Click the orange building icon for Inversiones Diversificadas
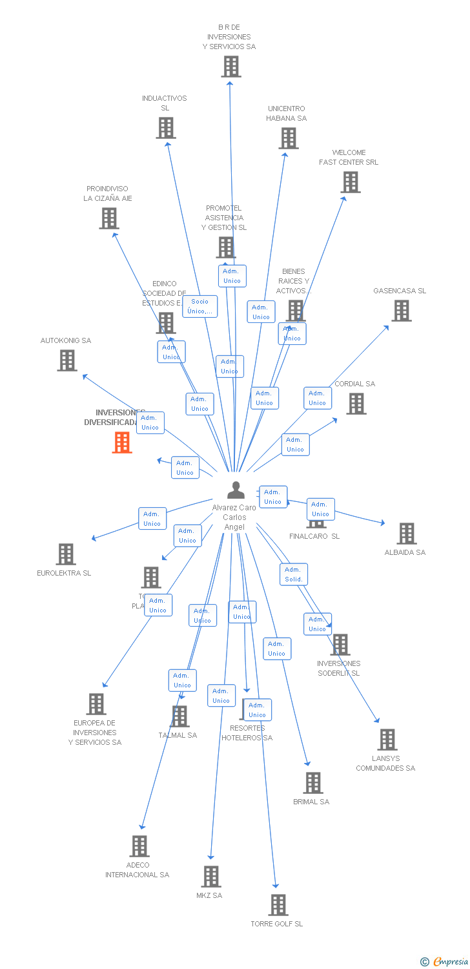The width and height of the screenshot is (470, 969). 122,443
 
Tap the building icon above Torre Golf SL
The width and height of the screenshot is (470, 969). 278,905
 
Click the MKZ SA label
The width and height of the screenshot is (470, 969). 209,895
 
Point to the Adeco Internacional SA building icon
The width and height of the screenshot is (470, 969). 139,846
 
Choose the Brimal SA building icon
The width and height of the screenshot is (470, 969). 313,783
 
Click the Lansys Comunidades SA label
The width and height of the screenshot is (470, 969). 385,763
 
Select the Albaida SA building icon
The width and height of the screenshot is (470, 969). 406,534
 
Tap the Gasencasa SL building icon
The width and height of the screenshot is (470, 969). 402,311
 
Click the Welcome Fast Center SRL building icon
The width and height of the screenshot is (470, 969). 351,182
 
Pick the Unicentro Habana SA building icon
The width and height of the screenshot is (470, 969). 289,138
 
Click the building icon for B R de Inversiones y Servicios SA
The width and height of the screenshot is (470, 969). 231,67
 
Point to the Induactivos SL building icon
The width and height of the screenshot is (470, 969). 166,128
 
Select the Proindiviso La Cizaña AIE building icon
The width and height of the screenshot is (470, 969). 109,218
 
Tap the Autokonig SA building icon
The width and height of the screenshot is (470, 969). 67,360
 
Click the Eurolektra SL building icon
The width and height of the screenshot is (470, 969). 66,554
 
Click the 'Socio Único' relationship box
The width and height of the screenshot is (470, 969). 200,306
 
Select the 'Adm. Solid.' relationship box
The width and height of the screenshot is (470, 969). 294,574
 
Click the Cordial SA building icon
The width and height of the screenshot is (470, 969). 356,404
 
